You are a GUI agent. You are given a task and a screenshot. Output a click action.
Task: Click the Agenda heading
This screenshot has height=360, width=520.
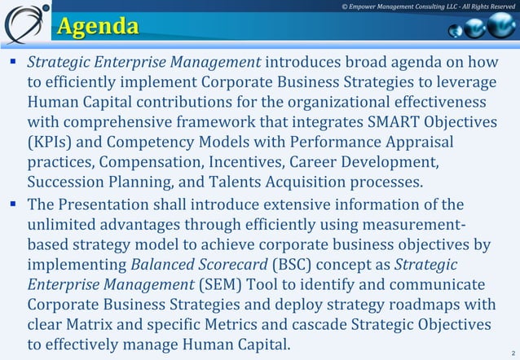tap(96, 27)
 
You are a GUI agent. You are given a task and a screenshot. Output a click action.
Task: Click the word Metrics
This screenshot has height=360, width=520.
tap(236, 324)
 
